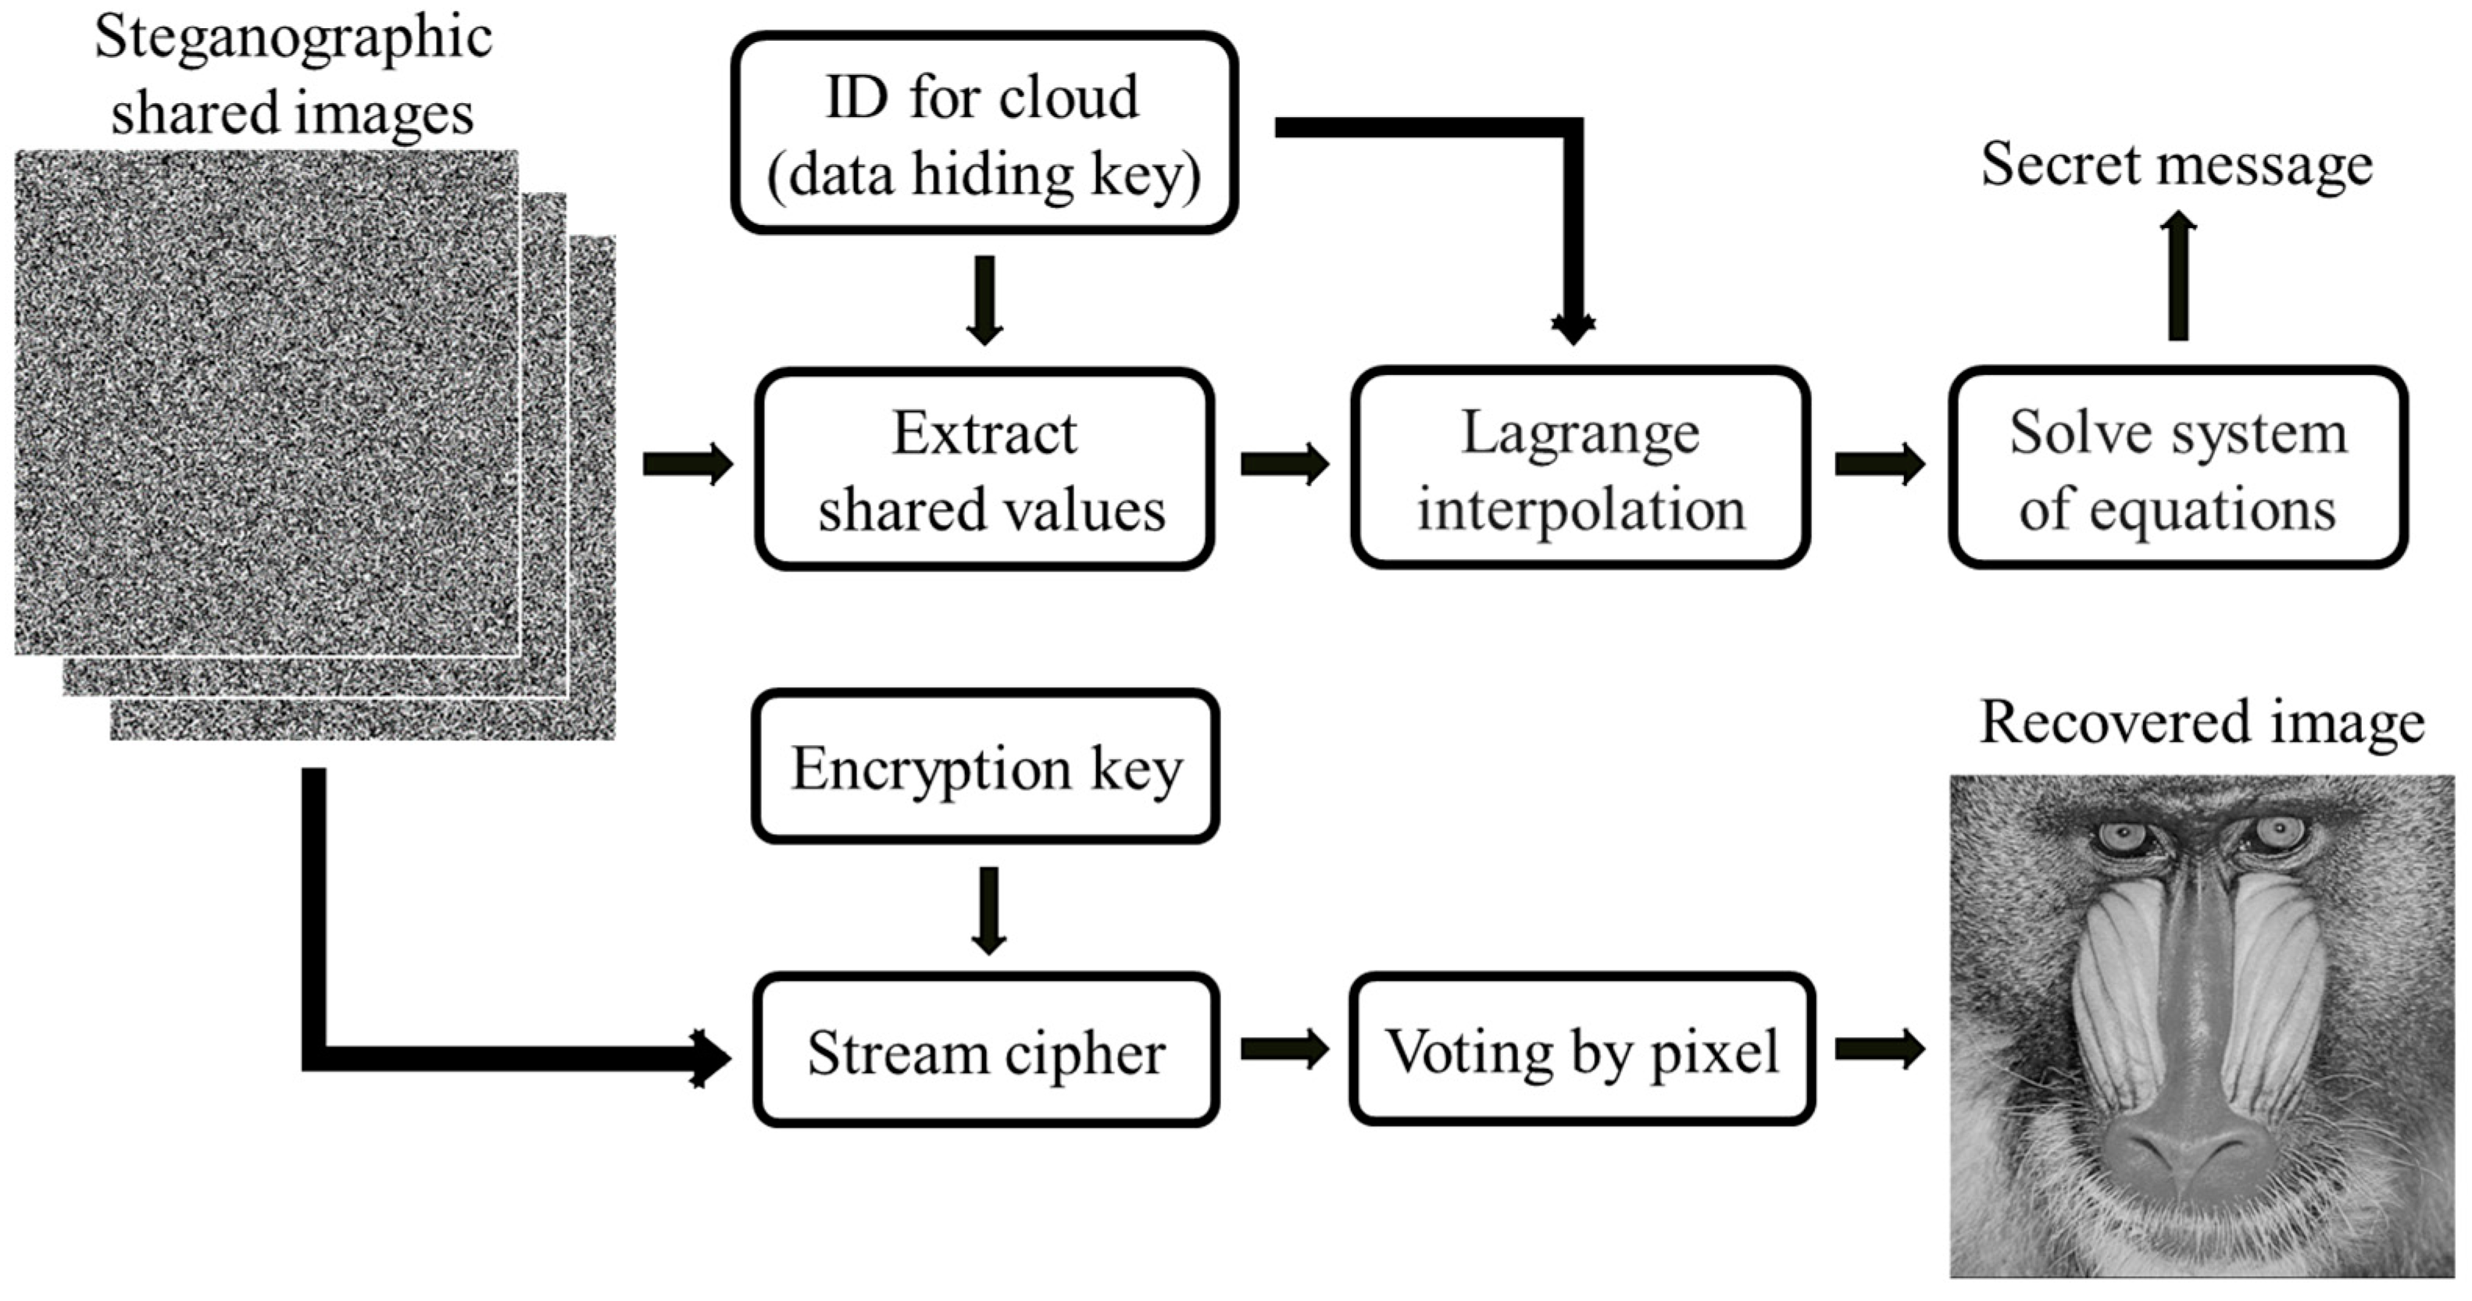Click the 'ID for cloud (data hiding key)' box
point(984,134)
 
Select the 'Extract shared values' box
point(984,469)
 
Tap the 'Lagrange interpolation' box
point(1581,469)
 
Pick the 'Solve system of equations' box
point(2178,469)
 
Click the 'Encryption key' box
point(985,767)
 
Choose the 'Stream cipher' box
point(985,1050)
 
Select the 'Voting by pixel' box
point(1582,1049)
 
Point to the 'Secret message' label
point(2177,165)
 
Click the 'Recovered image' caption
point(2202,723)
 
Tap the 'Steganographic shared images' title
point(293,75)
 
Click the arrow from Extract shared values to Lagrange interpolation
point(1285,465)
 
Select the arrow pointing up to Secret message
point(2178,276)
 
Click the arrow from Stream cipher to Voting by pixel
point(1285,1049)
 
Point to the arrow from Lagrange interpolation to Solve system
point(1880,465)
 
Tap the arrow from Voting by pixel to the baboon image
point(1880,1049)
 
